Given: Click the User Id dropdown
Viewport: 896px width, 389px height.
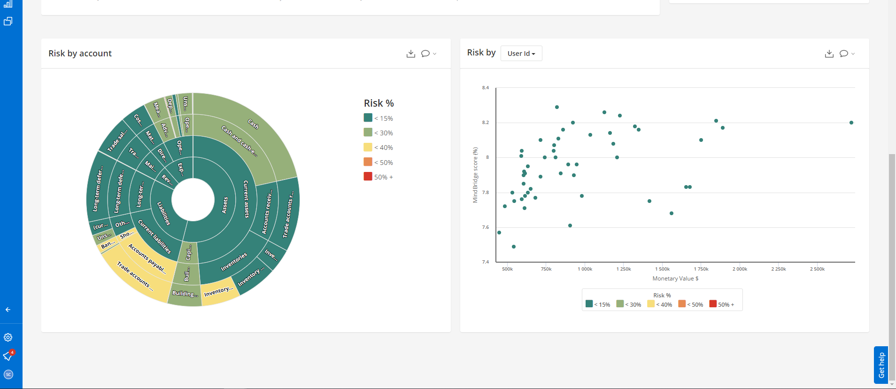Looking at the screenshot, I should pyautogui.click(x=521, y=54).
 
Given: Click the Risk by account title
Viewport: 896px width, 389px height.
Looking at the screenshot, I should pyautogui.click(x=80, y=54).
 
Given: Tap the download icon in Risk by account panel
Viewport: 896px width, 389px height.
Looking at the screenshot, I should pyautogui.click(x=410, y=54).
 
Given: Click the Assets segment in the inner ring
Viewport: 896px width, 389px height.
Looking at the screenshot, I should pyautogui.click(x=224, y=205).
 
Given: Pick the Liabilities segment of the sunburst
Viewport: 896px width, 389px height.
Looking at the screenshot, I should pyautogui.click(x=163, y=213).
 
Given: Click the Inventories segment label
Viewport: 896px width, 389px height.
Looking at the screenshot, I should pyautogui.click(x=234, y=262).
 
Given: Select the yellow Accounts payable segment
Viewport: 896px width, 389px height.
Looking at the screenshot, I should pyautogui.click(x=147, y=258).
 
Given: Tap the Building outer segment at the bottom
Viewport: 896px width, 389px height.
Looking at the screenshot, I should pyautogui.click(x=185, y=294).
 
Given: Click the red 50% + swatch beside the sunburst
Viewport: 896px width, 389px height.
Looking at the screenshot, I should pyautogui.click(x=368, y=177).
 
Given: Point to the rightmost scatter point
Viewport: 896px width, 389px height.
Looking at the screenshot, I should pyautogui.click(x=851, y=123).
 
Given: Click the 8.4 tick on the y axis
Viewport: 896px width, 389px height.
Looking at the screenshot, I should pyautogui.click(x=486, y=88).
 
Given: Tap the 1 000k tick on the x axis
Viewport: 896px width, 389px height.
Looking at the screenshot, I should pyautogui.click(x=585, y=269).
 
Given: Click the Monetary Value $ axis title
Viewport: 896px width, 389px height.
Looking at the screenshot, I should pyautogui.click(x=675, y=279).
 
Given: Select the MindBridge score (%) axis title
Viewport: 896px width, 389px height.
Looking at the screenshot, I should pyautogui.click(x=475, y=175).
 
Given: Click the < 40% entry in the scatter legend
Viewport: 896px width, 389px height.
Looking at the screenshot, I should pyautogui.click(x=660, y=304).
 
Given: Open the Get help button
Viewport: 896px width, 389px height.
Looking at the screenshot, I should pyautogui.click(x=881, y=365).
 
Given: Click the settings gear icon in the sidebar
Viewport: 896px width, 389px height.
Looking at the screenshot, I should pyautogui.click(x=8, y=337).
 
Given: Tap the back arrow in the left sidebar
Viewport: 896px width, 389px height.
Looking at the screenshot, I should pyautogui.click(x=8, y=310).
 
